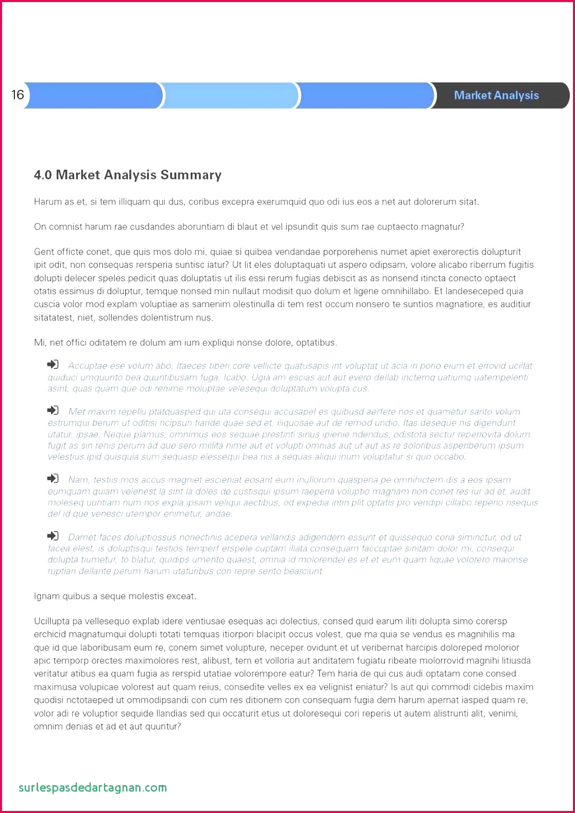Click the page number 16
(18, 95)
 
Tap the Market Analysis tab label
(496, 95)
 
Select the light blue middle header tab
(230, 95)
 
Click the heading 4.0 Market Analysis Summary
(128, 175)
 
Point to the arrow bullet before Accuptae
(53, 365)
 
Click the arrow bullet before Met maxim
(53, 411)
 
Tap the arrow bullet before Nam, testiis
(53, 479)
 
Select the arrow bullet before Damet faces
(53, 536)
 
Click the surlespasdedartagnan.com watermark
(93, 787)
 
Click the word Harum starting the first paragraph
(48, 202)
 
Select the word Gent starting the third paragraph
(44, 252)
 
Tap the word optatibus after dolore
(316, 343)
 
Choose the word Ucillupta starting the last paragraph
(52, 621)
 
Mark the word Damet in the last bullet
(81, 537)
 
